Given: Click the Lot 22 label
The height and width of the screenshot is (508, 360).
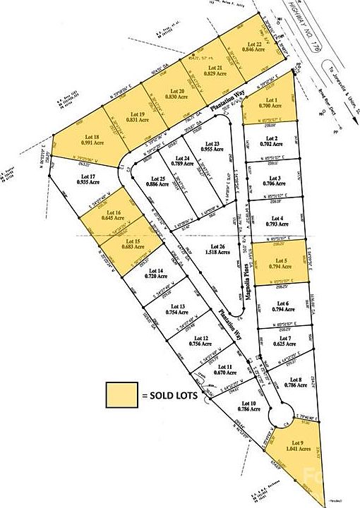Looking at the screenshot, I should (x=242, y=44).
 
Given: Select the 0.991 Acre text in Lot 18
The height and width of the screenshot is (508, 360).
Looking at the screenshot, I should (x=89, y=143).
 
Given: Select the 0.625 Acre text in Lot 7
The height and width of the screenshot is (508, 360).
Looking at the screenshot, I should (x=280, y=344).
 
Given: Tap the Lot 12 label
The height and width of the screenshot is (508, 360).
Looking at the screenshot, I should (x=201, y=338).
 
